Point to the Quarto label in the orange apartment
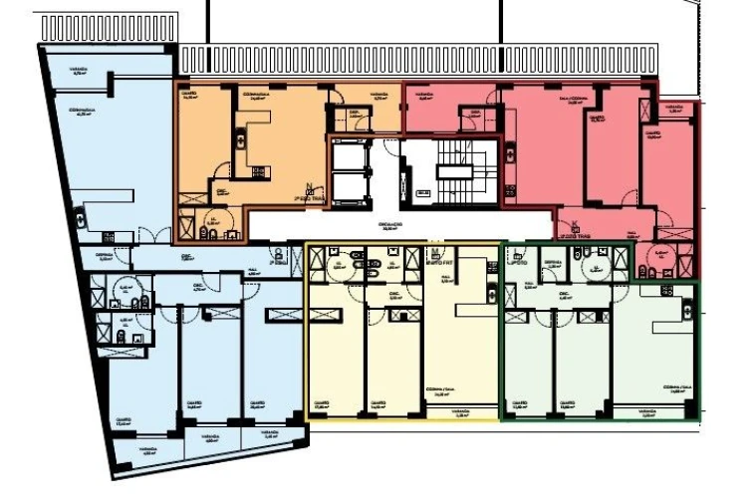pos(189,98)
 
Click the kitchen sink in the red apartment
pos(510,154)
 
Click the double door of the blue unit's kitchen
pos(146,233)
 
